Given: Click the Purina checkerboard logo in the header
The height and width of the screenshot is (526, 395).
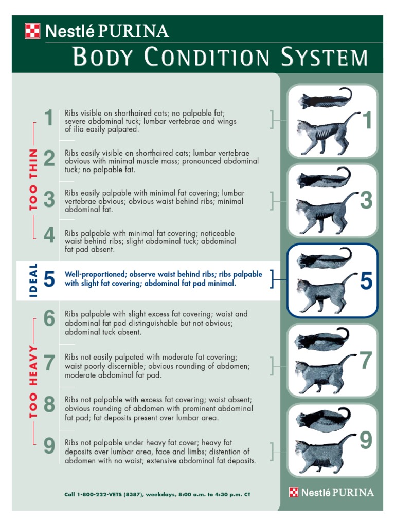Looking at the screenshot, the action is click(x=32, y=31).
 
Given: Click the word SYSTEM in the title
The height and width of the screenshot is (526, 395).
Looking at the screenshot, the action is click(x=325, y=57).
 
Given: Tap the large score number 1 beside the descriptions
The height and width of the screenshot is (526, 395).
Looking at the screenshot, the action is click(x=49, y=118).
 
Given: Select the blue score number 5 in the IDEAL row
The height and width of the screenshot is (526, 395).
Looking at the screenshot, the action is click(x=49, y=279).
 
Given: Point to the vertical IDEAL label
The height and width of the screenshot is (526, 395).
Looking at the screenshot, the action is click(x=33, y=280).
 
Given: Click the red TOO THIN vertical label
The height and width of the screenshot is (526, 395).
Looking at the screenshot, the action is click(x=33, y=180).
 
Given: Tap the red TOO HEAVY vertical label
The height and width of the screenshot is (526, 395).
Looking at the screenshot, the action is click(x=33, y=382).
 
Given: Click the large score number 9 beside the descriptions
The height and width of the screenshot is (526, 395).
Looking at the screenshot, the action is click(x=49, y=445).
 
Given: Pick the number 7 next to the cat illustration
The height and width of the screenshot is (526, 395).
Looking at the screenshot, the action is click(x=366, y=360).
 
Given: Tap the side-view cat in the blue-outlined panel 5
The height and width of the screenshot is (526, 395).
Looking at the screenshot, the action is click(x=324, y=291).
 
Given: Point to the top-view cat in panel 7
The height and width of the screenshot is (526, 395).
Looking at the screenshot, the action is click(x=322, y=339).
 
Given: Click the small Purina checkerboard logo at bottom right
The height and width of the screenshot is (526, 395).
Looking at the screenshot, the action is click(x=294, y=492).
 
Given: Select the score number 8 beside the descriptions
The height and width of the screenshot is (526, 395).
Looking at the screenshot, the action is click(x=49, y=404).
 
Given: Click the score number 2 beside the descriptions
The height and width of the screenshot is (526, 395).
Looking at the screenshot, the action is click(x=49, y=158).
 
